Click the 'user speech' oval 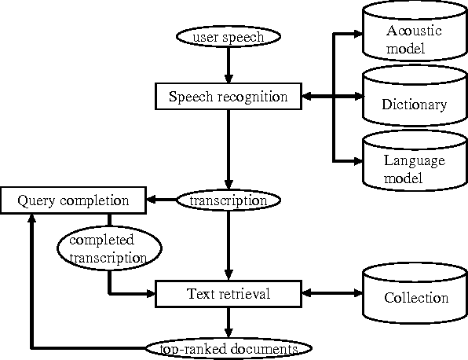[x=228, y=37]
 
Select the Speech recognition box [x=228, y=97]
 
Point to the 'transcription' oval [x=228, y=200]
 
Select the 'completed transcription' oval [x=108, y=248]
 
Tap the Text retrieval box [x=228, y=294]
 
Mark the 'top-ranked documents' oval [x=228, y=347]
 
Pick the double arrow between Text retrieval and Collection [x=331, y=294]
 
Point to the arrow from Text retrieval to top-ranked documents [x=228, y=321]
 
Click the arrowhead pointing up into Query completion [x=32, y=219]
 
